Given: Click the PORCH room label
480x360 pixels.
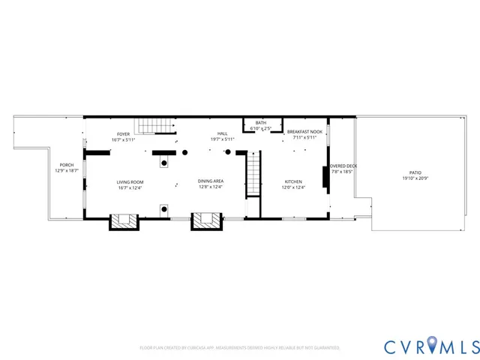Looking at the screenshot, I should tap(66, 165).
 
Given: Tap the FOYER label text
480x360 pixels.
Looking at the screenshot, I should tap(123, 133).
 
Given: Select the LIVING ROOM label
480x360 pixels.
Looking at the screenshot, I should tap(130, 181).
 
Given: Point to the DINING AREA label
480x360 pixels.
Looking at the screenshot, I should tap(211, 181).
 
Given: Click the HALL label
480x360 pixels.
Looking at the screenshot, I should tap(223, 133).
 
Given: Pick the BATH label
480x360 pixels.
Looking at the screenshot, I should tap(260, 123).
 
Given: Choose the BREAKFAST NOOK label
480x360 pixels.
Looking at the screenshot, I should tap(304, 132).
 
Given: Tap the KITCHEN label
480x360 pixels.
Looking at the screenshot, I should tap(292, 181).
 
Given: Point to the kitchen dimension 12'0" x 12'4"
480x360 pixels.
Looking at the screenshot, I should tap(292, 187).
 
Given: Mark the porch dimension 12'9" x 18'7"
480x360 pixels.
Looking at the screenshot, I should tap(66, 171).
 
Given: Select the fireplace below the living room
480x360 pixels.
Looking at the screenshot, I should tap(123, 221).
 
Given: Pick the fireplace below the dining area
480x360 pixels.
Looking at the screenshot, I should tap(207, 221).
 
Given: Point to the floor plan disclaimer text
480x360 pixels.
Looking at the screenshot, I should tap(240, 348).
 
